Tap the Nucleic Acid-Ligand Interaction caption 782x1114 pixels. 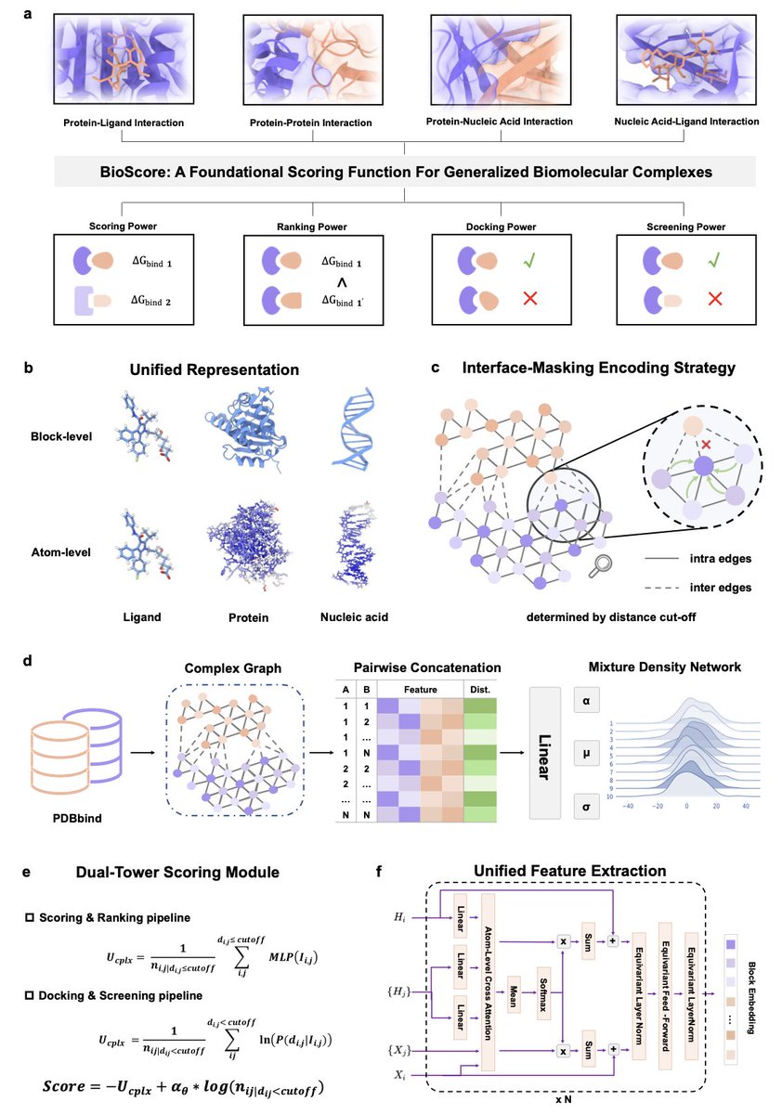(x=687, y=122)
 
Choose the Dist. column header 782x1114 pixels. (x=481, y=690)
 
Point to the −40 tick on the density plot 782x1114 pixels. (x=627, y=805)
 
